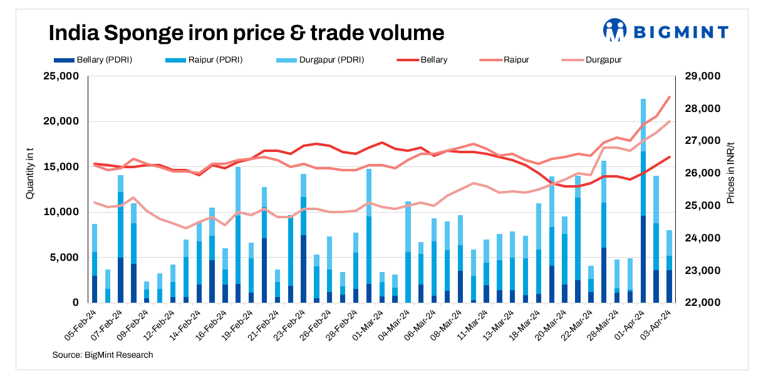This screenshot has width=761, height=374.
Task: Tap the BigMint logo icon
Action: click(x=614, y=30)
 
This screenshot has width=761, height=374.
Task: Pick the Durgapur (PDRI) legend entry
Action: click(x=319, y=60)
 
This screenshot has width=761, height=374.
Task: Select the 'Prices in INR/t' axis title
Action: click(x=730, y=172)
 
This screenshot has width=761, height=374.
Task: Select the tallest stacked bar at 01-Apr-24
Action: click(x=643, y=200)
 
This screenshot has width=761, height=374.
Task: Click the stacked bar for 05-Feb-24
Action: click(x=95, y=263)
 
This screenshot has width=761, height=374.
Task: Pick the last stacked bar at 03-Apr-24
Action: click(x=669, y=266)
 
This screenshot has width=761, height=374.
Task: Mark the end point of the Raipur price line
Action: click(x=670, y=97)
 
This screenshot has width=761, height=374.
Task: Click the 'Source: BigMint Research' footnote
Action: click(x=103, y=355)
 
